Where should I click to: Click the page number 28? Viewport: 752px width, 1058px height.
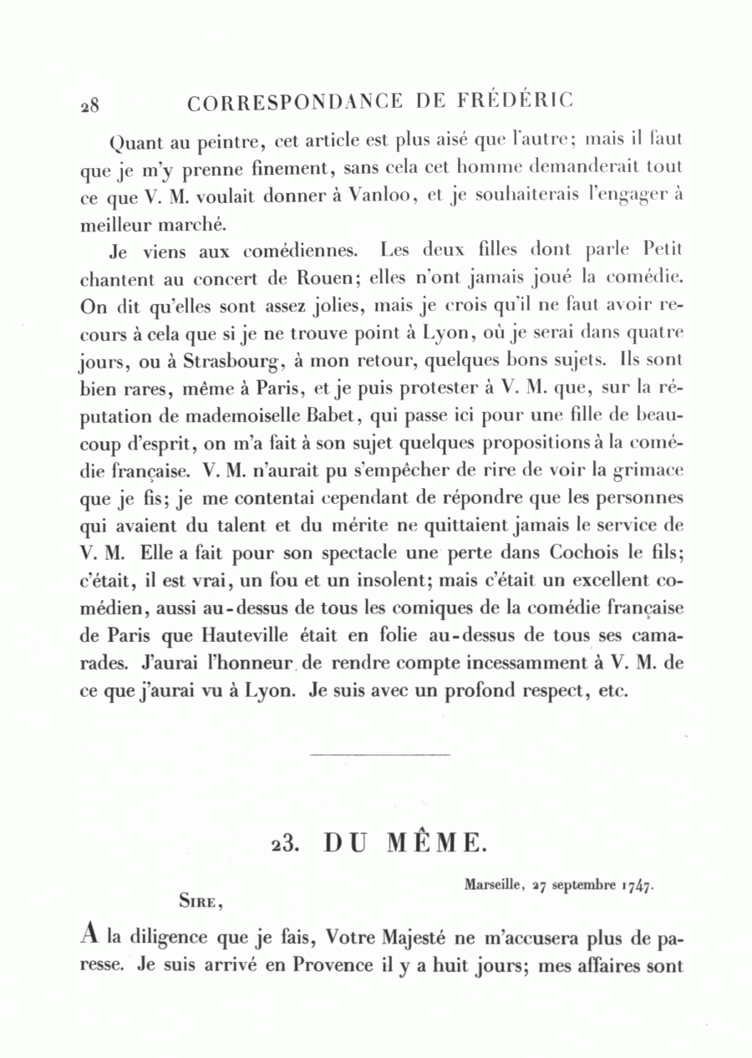(90, 105)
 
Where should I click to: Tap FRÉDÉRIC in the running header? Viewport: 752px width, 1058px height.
(517, 102)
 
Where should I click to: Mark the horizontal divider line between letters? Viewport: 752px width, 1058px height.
(379, 755)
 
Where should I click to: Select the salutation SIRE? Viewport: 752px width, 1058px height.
(200, 901)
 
